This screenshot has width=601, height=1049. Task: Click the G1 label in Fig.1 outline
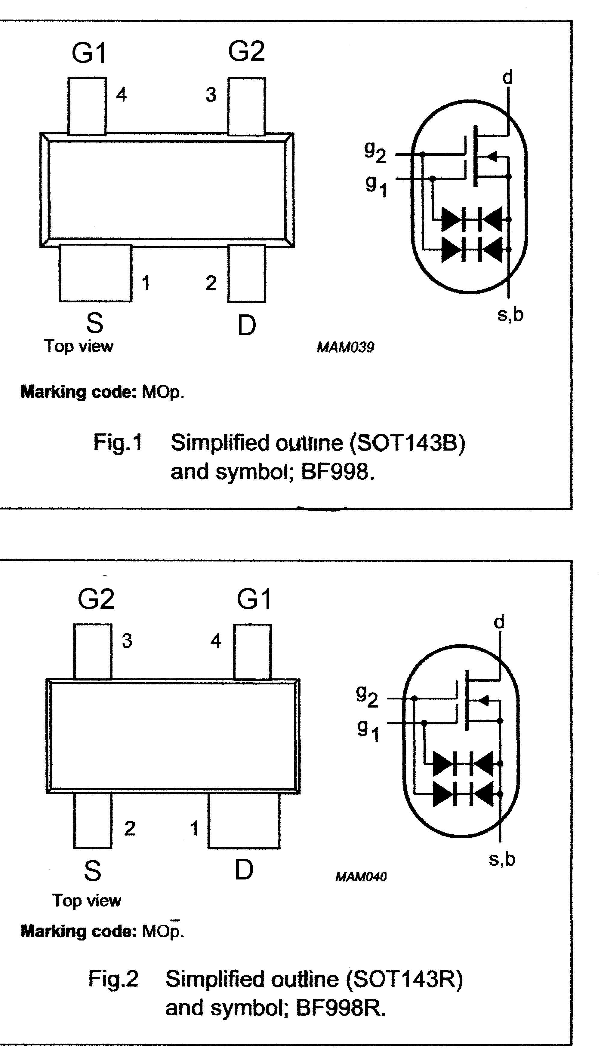[89, 53]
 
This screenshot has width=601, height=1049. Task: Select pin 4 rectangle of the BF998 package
[87, 106]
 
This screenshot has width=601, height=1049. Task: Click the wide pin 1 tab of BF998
[95, 273]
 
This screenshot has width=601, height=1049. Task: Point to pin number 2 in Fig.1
[211, 283]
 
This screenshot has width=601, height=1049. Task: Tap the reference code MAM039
[346, 347]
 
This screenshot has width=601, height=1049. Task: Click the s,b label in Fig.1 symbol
[510, 315]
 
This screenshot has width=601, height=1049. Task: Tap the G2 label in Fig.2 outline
[96, 599]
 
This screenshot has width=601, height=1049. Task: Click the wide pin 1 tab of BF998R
[244, 821]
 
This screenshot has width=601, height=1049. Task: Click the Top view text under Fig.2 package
[87, 901]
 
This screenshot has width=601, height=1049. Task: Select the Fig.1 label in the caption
[118, 443]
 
